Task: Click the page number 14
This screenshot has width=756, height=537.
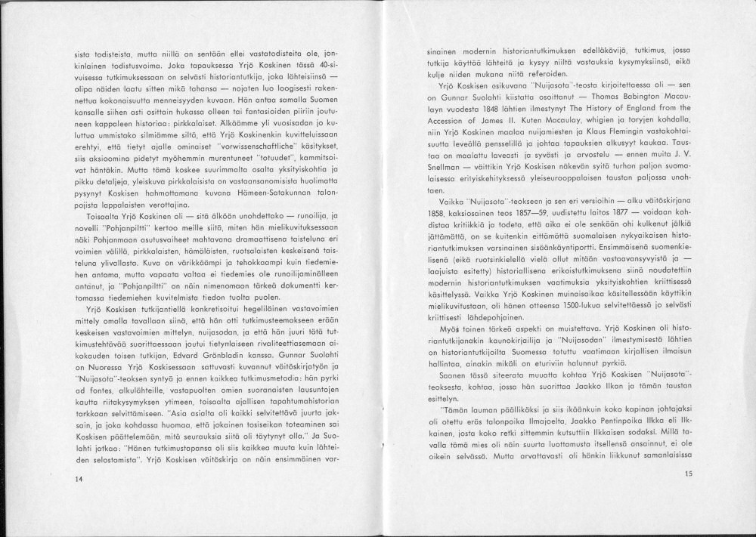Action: coord(79,479)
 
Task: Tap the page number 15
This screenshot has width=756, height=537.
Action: coord(687,474)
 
